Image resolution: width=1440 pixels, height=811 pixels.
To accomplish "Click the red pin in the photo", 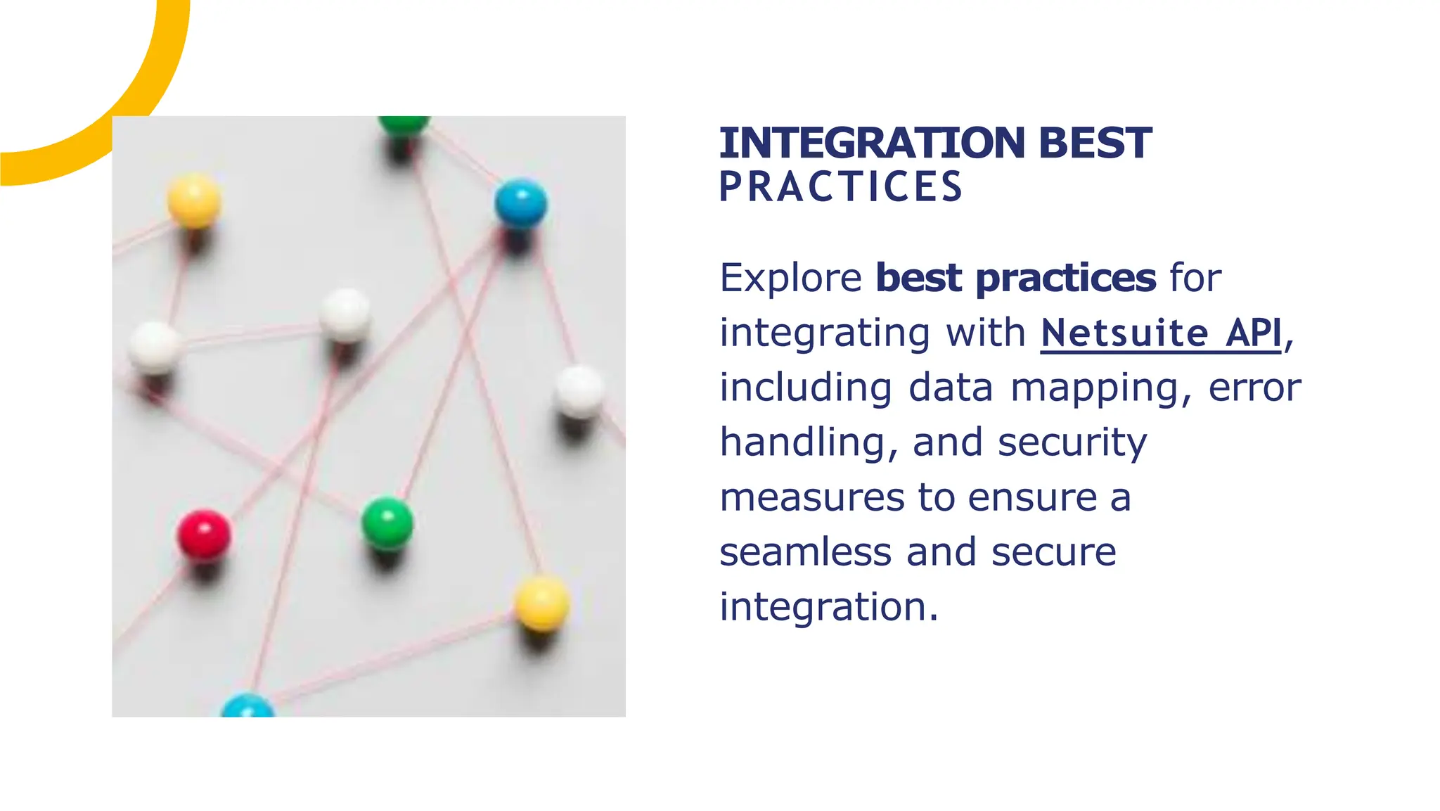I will point(203,535).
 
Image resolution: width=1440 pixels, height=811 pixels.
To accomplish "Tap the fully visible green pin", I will point(387,523).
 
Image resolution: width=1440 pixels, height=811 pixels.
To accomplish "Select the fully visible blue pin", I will point(520,203).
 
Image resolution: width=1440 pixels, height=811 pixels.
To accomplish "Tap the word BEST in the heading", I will point(1094,143).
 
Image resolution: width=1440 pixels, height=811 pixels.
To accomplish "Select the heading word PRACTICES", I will point(840,187).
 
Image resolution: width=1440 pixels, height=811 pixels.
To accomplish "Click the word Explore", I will point(790,279).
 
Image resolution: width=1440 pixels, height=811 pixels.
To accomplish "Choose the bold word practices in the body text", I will point(1065,279).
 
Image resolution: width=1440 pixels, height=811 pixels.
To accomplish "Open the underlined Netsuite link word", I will point(1124,333).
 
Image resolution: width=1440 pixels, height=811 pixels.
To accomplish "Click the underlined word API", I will point(1254,333).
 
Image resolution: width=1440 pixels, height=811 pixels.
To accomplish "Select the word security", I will point(1072,443).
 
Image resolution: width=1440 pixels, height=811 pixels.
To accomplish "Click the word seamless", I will point(805,552).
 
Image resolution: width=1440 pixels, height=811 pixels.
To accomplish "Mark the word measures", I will point(811,498).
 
